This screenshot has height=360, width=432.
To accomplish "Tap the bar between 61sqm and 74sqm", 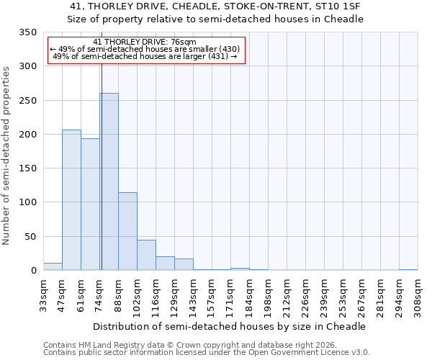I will tap(90, 204).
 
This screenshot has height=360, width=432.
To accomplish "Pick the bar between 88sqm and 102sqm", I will tap(127, 231).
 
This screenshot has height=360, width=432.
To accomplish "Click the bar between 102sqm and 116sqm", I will tap(146, 255).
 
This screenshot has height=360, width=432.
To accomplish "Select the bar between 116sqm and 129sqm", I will tap(165, 264).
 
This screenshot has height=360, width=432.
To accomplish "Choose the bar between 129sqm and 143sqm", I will tap(184, 264).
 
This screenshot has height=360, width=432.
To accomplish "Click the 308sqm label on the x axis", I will tap(418, 296).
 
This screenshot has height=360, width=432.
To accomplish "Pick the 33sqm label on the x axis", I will tap(44, 294).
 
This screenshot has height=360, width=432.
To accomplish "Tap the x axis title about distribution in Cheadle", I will tap(230, 326).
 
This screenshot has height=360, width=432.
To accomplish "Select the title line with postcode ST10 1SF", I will tap(215, 6).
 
